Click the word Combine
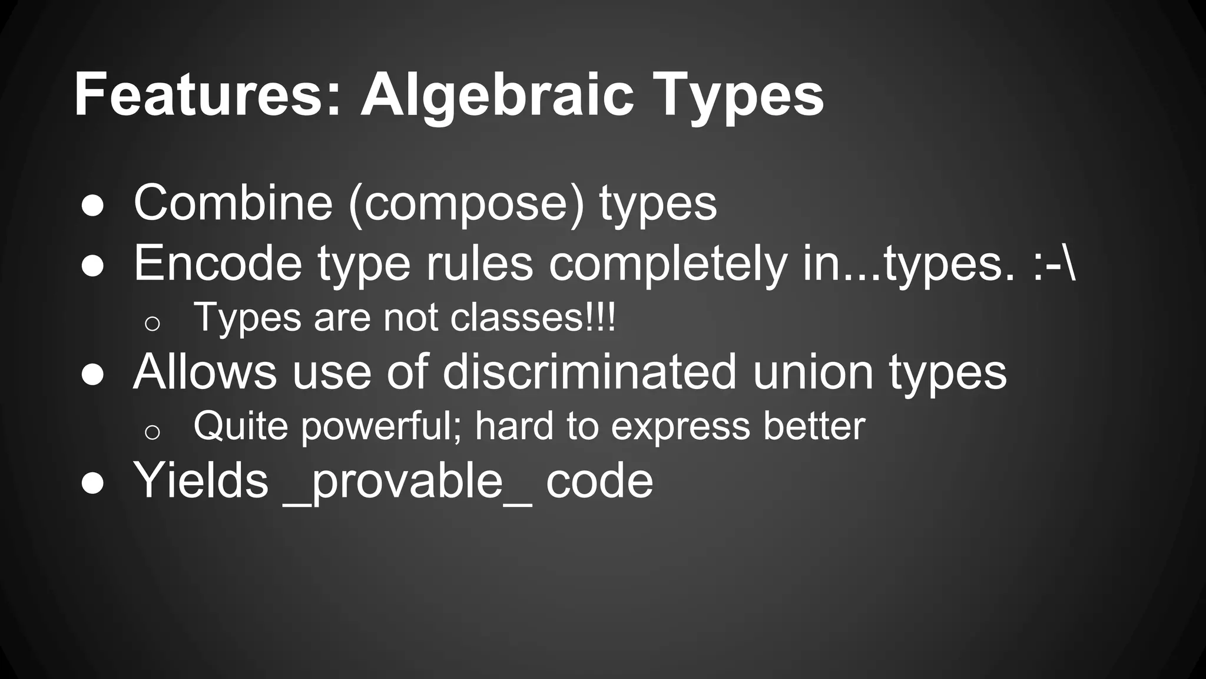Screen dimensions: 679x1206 click(x=233, y=203)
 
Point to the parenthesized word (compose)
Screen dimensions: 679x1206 click(x=466, y=204)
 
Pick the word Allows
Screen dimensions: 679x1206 click(x=205, y=372)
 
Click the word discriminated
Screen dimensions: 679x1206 click(x=589, y=372)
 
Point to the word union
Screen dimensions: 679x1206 click(x=813, y=372)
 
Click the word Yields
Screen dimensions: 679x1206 click(x=201, y=480)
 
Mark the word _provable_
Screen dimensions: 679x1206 click(x=407, y=482)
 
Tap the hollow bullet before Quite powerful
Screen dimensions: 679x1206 click(x=152, y=432)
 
